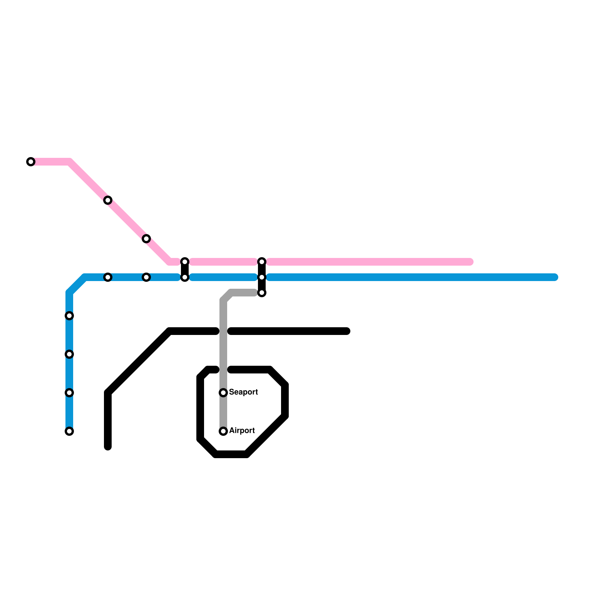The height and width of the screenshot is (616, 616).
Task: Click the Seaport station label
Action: (243, 392)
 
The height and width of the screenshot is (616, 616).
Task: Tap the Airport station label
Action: (242, 430)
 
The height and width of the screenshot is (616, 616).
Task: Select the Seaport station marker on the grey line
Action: (223, 393)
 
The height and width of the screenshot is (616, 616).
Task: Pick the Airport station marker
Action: (223, 431)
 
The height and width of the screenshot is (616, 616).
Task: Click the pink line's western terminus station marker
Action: (31, 162)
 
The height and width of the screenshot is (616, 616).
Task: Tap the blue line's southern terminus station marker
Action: (69, 431)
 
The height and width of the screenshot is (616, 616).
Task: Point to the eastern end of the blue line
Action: (555, 277)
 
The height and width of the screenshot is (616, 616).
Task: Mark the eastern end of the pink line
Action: (470, 262)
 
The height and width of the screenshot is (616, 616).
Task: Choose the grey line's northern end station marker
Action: (262, 293)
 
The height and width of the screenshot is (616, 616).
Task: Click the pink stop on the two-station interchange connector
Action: (185, 262)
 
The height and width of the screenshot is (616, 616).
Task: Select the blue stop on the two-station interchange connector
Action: (185, 277)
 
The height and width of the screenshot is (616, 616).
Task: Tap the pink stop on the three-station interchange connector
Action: (262, 262)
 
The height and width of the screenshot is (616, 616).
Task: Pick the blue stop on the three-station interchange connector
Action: (262, 277)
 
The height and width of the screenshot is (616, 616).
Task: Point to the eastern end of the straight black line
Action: (347, 331)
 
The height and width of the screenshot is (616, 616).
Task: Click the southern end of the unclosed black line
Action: (108, 447)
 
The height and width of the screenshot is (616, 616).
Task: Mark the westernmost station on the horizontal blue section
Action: (108, 277)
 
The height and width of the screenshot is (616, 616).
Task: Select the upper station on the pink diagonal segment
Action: (108, 200)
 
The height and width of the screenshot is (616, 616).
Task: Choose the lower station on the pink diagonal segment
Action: (146, 239)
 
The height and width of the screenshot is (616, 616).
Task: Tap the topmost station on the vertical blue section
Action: (69, 316)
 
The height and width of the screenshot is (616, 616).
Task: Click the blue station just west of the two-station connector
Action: (146, 277)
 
